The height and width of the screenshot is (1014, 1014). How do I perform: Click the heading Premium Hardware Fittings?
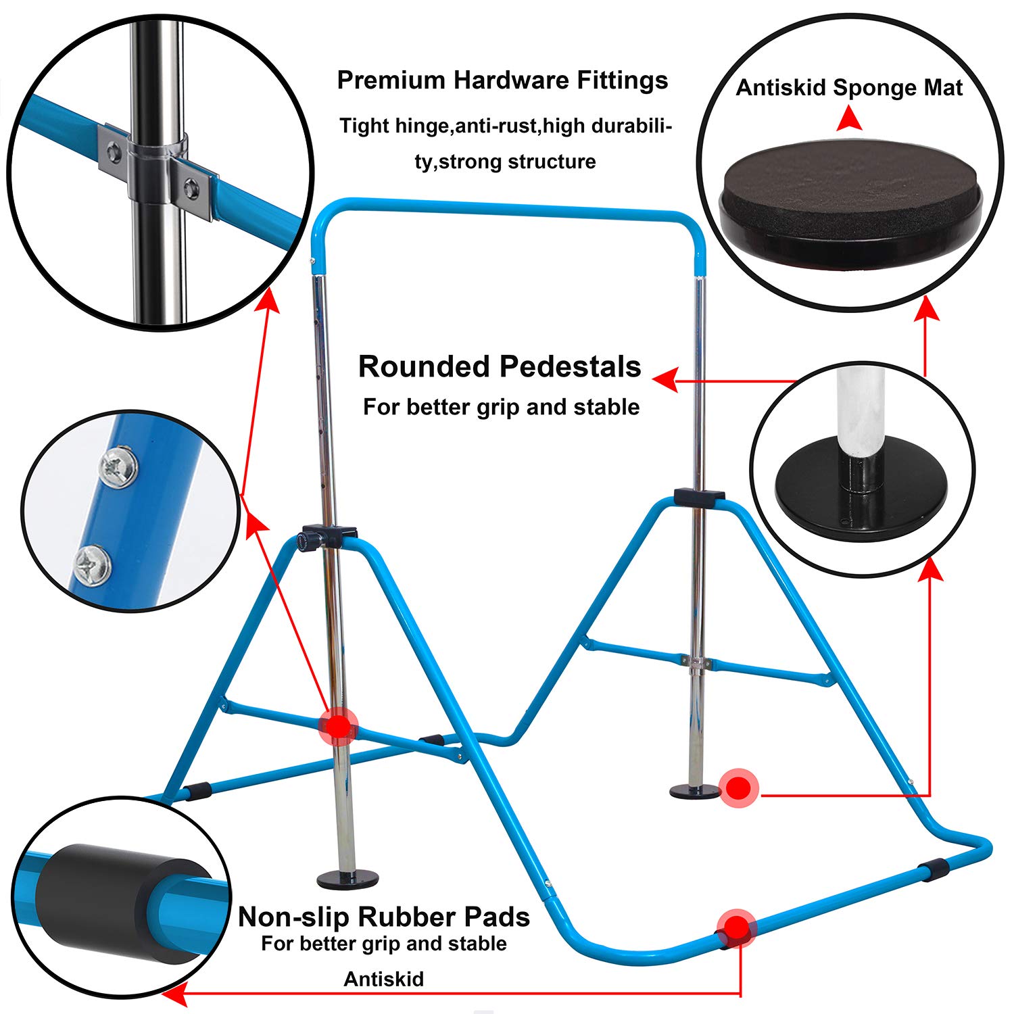[x=502, y=80]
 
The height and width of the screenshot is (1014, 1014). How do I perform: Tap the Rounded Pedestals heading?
[x=500, y=366]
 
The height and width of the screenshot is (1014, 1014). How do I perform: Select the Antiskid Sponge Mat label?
[x=849, y=88]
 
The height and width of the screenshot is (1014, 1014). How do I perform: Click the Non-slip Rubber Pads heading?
[x=383, y=917]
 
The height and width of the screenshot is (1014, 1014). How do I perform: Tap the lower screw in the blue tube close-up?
[x=92, y=565]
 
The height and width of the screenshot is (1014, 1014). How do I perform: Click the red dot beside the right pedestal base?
[x=739, y=788]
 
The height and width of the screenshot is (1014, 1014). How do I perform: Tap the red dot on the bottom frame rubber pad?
[x=736, y=927]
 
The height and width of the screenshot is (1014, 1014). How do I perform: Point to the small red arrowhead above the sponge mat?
[x=849, y=120]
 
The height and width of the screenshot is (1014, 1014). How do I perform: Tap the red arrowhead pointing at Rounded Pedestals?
[x=667, y=379]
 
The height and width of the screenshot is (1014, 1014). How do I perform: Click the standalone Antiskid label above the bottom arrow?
[x=383, y=979]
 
